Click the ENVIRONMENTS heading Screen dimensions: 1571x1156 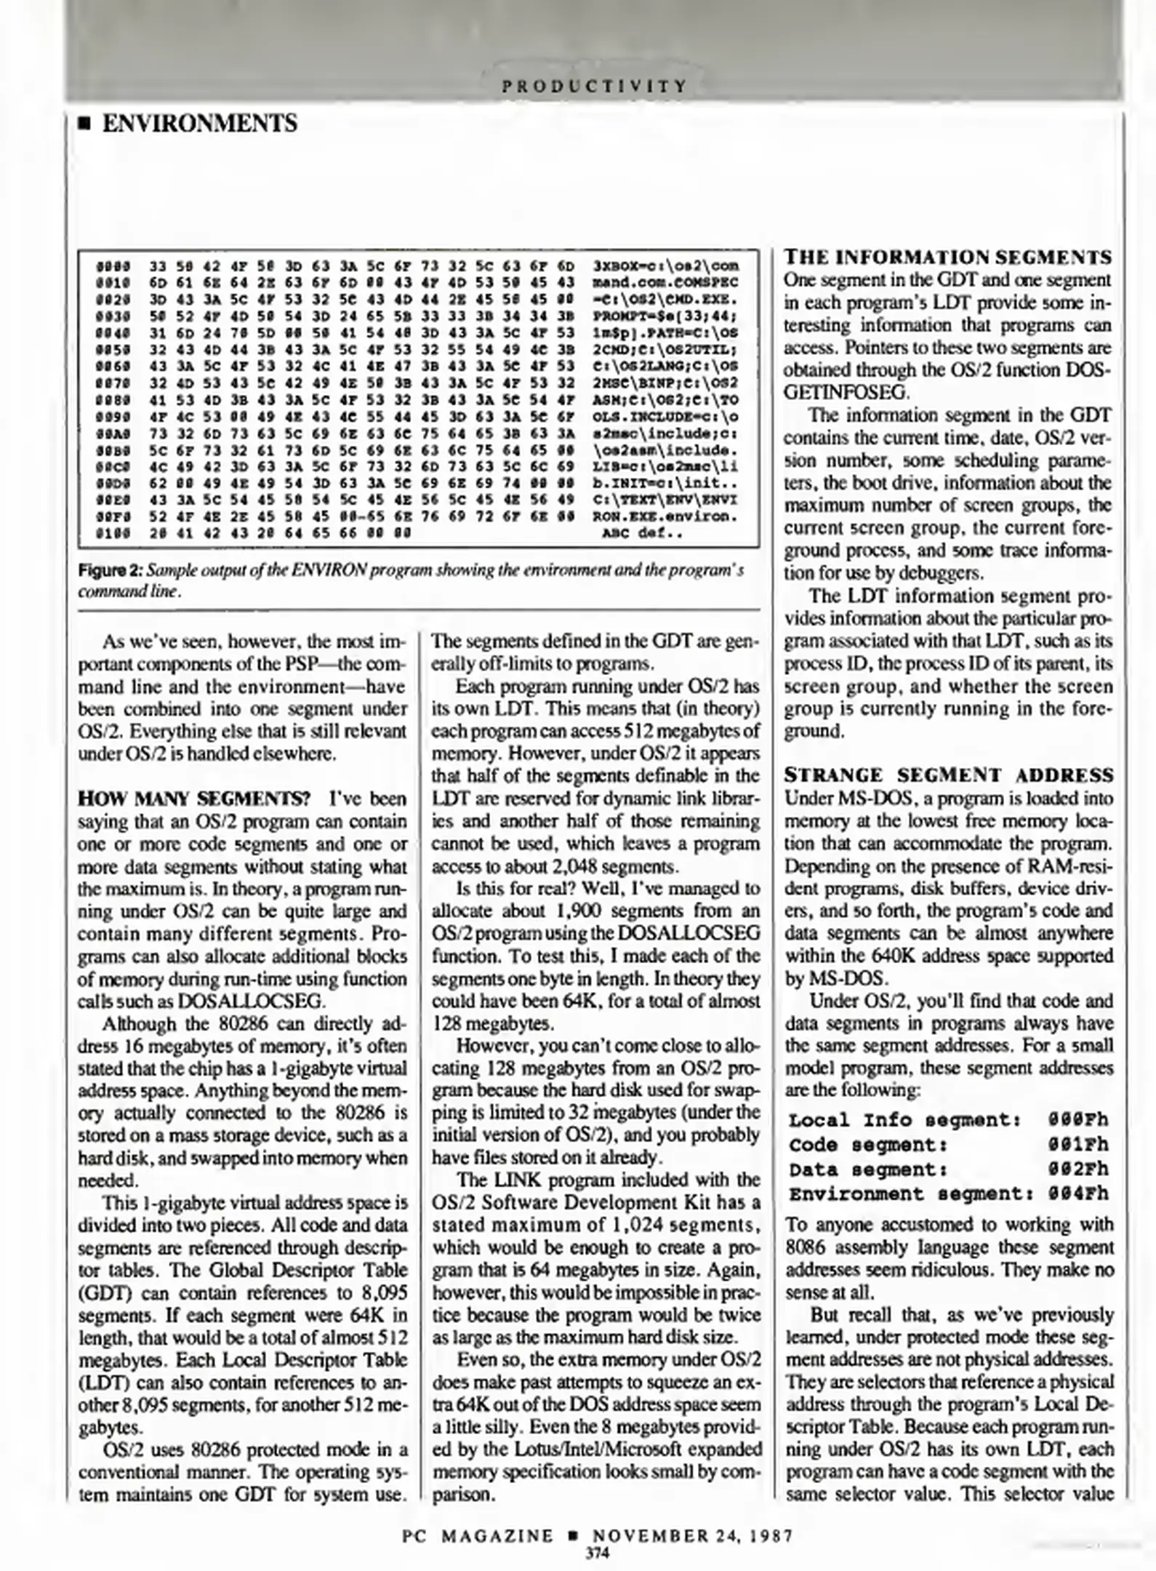[x=199, y=123]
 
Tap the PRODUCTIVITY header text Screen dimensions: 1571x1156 [x=594, y=86]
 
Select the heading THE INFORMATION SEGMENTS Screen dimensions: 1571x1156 [x=948, y=257]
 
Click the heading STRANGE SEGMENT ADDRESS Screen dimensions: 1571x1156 [x=948, y=775]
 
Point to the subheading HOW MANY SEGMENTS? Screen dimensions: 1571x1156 [x=194, y=799]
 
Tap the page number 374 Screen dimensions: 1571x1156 [x=597, y=1554]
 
